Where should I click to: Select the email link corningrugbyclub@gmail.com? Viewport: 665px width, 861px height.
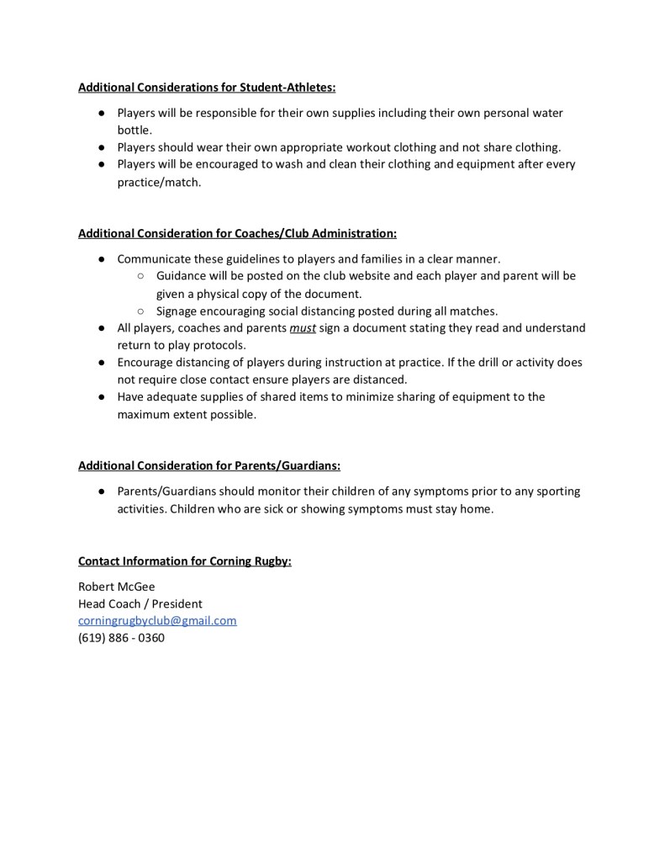coord(157,621)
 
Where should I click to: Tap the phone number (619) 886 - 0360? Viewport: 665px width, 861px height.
coord(121,638)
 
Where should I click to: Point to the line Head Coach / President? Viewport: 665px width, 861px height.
coord(140,604)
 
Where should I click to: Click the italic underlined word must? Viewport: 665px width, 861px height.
coord(302,327)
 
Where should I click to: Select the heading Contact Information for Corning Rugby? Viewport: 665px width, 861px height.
coord(185,561)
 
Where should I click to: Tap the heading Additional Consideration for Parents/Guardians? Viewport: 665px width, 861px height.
coord(209,465)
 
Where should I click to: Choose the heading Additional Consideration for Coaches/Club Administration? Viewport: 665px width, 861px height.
coord(237,233)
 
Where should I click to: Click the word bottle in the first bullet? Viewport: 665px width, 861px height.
coord(135,130)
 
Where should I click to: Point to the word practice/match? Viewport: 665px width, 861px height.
coord(159,182)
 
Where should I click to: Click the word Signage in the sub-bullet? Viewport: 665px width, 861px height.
coord(177,311)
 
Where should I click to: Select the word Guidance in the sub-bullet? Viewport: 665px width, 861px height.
coord(182,276)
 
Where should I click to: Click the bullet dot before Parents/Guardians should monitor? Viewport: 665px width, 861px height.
coord(100,492)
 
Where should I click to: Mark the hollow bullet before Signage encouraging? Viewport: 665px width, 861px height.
coord(140,311)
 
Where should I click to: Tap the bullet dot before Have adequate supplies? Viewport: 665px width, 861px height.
coord(100,397)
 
